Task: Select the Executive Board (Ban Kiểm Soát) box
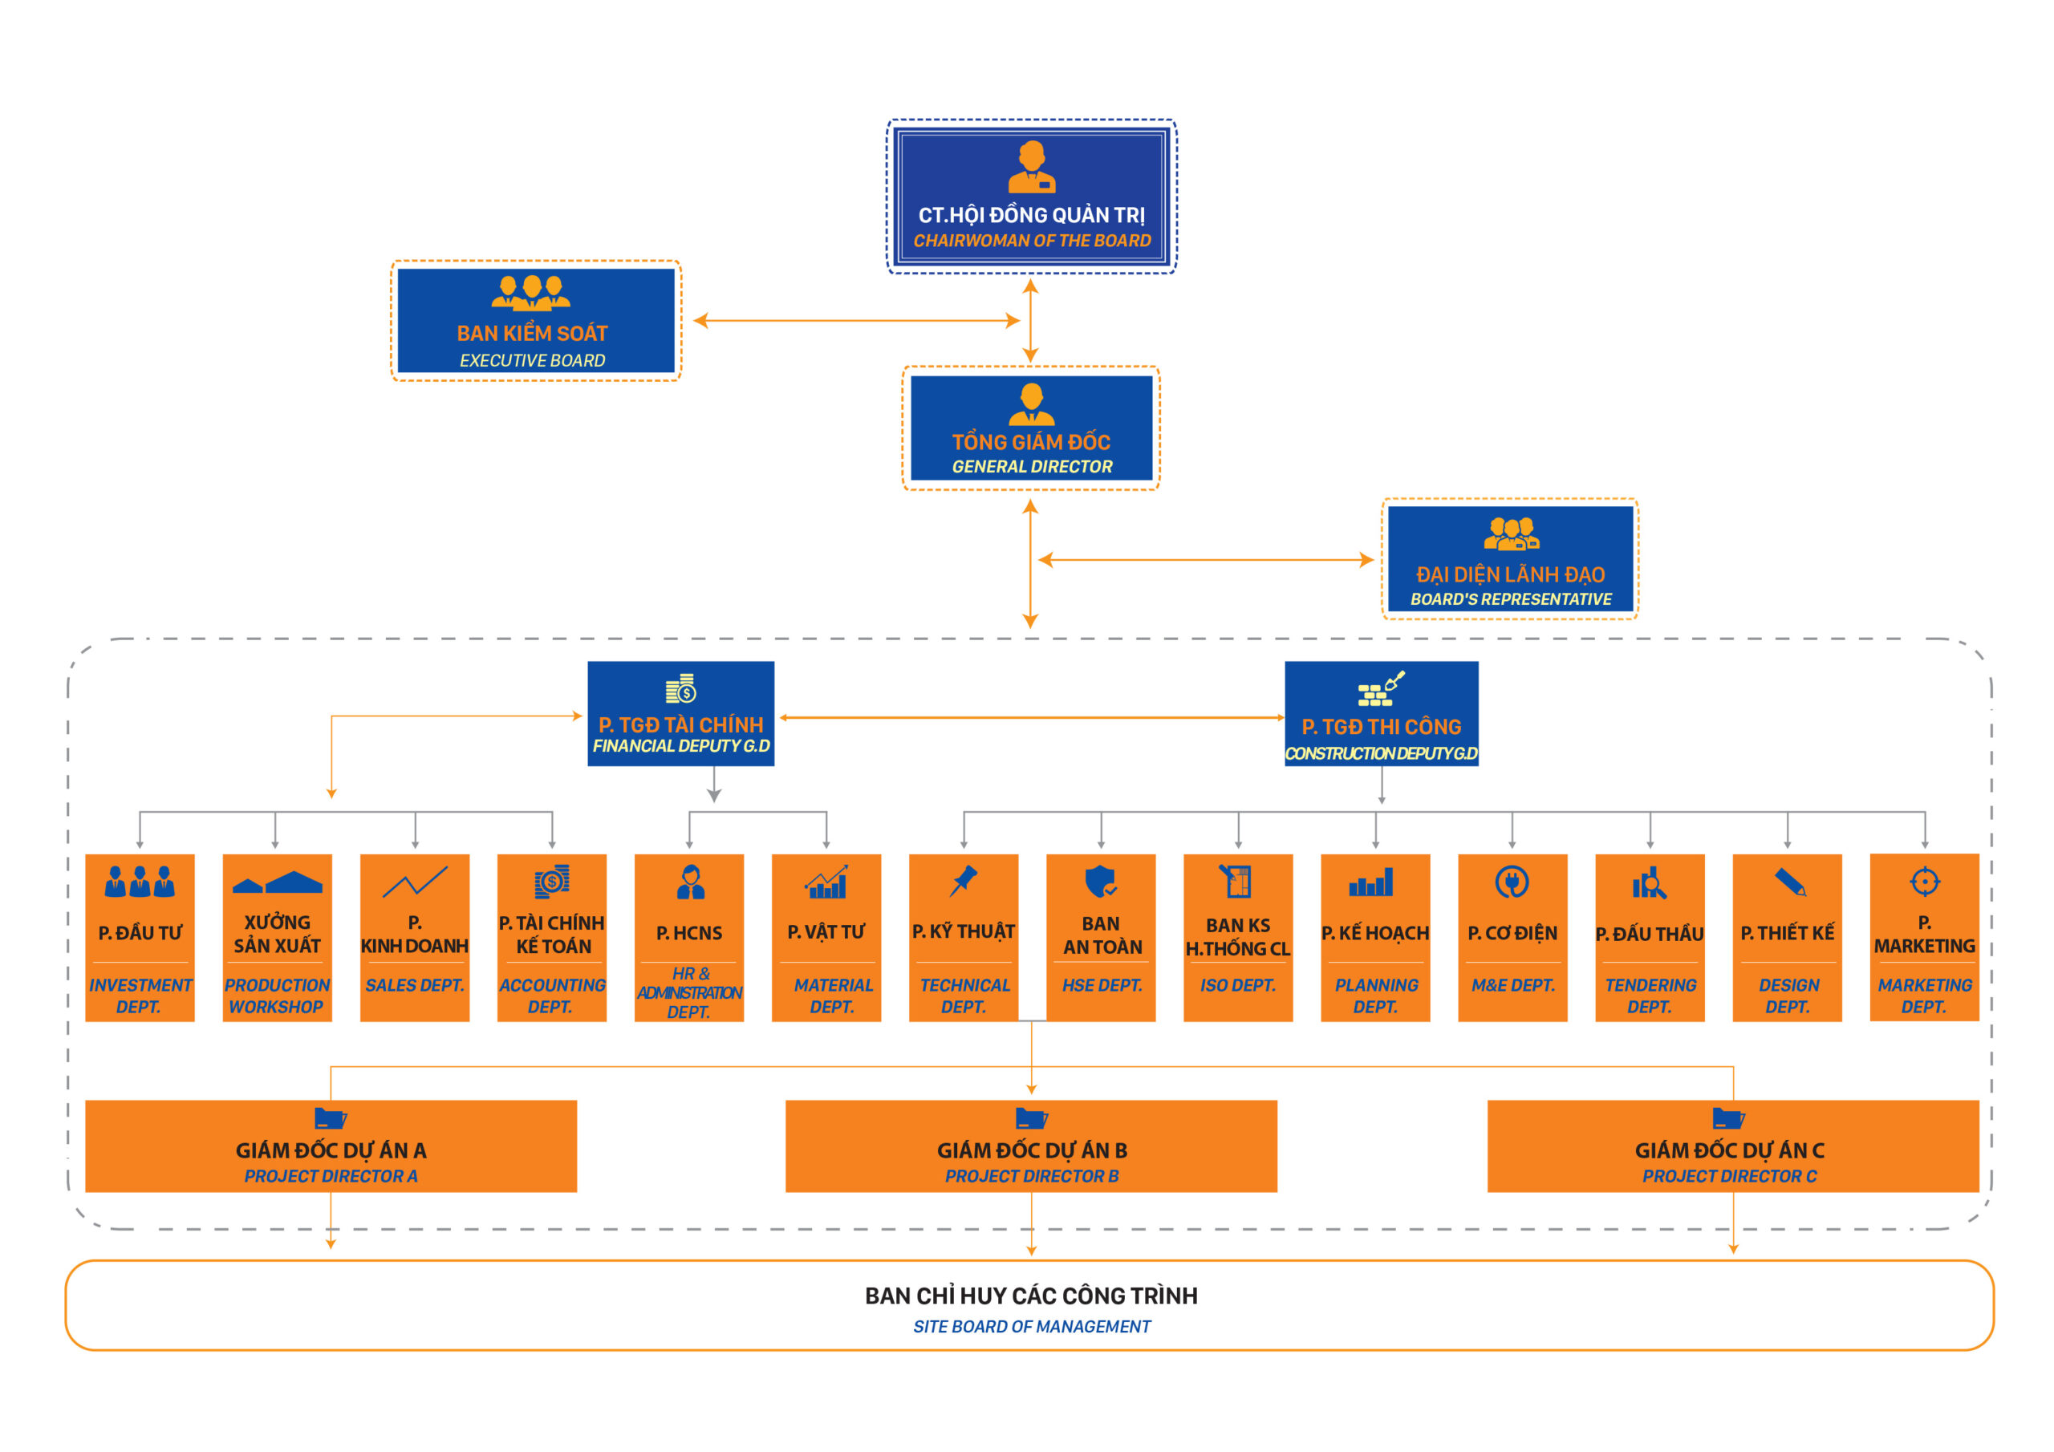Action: (535, 320)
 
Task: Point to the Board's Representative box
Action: (1510, 559)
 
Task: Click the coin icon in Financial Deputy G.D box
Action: (681, 689)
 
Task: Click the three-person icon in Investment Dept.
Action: (140, 881)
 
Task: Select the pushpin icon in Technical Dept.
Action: (964, 880)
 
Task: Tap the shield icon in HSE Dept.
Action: (1099, 881)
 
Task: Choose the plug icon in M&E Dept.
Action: (1512, 882)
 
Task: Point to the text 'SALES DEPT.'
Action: (414, 985)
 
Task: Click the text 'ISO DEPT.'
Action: (1237, 985)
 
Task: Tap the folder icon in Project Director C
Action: (1727, 1118)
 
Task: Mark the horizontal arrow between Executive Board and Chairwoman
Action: (856, 320)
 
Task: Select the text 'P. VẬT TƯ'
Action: (826, 932)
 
